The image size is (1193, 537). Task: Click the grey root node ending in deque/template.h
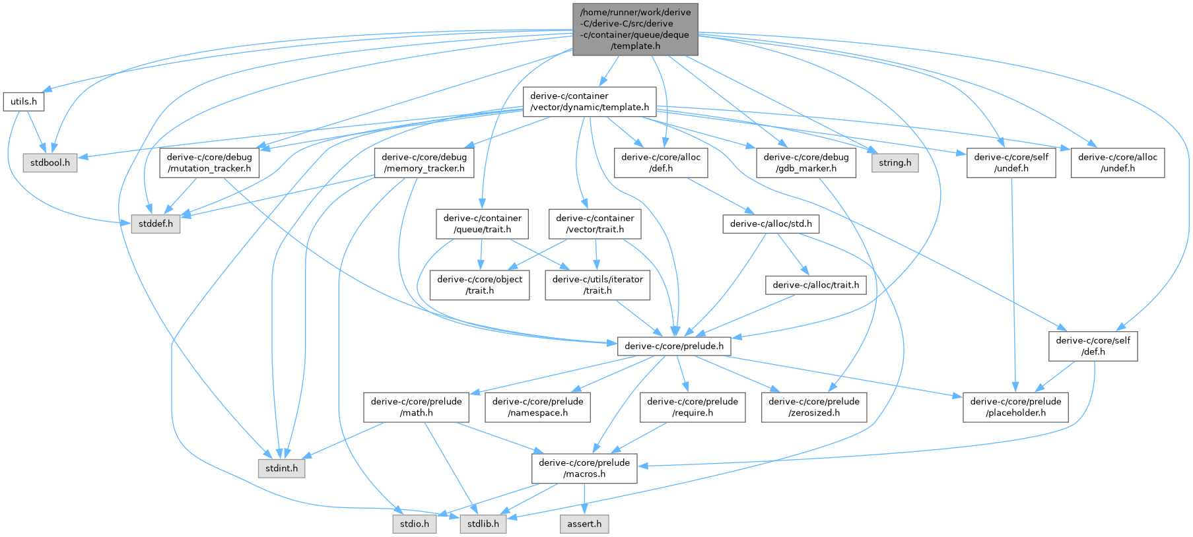[634, 29]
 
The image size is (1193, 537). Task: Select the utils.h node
[24, 102]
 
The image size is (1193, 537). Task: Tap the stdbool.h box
[50, 162]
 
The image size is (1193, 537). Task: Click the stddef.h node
[156, 224]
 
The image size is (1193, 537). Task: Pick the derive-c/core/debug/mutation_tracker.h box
[209, 162]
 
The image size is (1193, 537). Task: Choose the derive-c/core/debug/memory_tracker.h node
[424, 162]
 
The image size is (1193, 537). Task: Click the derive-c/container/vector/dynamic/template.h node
[589, 102]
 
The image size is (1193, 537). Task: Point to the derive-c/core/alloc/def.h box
[660, 162]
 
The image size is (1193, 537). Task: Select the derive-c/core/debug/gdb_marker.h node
[806, 162]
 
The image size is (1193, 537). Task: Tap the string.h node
[895, 162]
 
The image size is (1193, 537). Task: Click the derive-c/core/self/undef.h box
[1011, 162]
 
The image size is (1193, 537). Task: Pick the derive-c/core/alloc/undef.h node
[1117, 162]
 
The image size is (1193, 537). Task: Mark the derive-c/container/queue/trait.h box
[482, 224]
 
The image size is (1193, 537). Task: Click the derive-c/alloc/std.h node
[770, 224]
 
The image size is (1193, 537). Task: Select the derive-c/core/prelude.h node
[673, 346]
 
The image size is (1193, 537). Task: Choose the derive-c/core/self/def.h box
[1093, 346]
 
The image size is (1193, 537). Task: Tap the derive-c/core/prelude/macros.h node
[584, 468]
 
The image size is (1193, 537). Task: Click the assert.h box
[584, 524]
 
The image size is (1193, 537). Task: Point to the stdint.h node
[281, 468]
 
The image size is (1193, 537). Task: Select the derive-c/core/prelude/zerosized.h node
[813, 407]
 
